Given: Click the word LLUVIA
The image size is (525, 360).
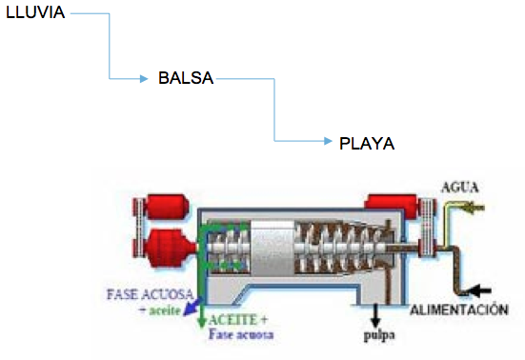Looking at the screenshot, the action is coord(35,12).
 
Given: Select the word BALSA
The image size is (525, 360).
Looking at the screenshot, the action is coord(186,78).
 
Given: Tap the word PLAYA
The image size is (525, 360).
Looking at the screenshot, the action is coord(367,144).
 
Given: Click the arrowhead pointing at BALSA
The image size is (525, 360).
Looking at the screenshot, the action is coord(144,79).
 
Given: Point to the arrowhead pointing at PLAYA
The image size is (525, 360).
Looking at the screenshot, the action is coord(328,141).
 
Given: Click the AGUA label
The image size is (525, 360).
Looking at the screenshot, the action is coord(460,187).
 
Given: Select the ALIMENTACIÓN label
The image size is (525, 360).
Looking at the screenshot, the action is coord(459,310).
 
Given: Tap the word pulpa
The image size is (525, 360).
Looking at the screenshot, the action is coord(379,335).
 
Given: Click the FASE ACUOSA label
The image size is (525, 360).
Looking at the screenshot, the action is coord(150,294).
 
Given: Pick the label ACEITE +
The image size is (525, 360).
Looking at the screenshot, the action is coord(238,320).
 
